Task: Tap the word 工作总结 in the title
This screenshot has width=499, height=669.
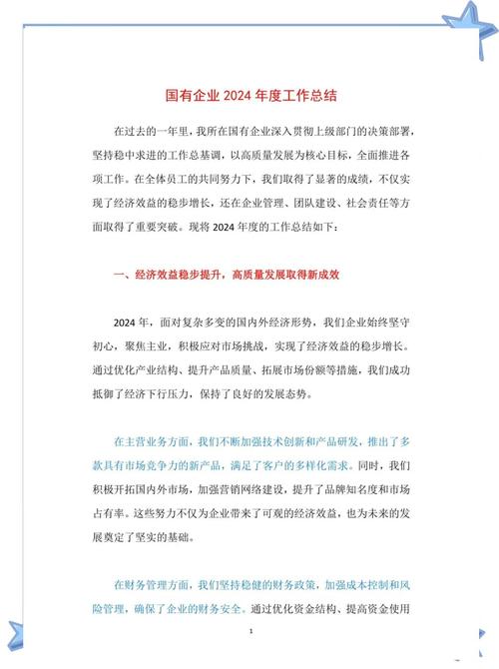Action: (310, 97)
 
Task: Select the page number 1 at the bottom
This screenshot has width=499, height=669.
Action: (250, 633)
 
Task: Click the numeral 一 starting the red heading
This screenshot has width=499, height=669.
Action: (120, 274)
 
